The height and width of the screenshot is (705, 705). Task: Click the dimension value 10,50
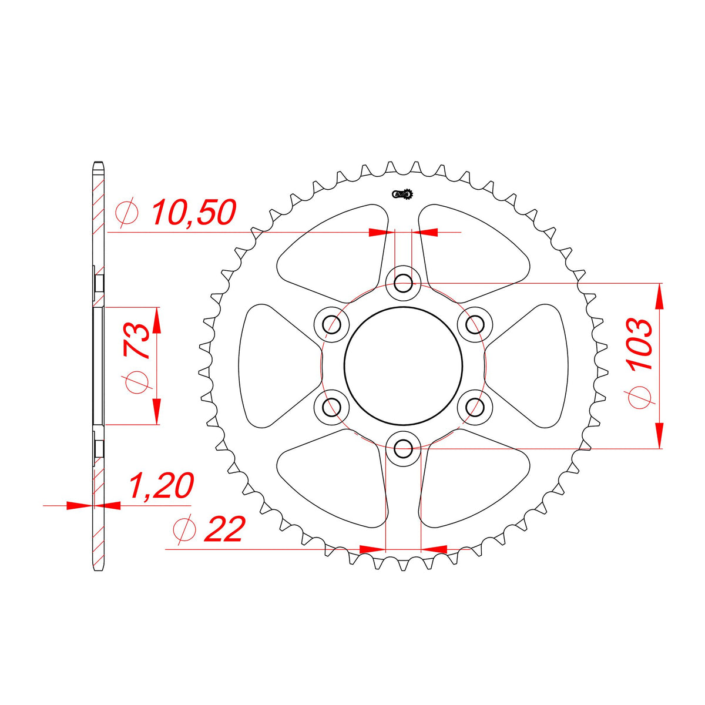(x=194, y=213)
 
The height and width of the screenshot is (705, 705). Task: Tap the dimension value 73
(x=136, y=341)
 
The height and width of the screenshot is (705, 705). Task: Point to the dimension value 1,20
(x=161, y=486)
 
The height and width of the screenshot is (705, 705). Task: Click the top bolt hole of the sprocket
(x=403, y=283)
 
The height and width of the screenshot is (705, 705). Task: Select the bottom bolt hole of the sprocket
(x=403, y=448)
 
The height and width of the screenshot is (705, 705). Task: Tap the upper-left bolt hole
(x=332, y=324)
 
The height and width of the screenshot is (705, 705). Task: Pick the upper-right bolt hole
(x=475, y=324)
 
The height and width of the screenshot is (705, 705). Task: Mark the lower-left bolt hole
(x=332, y=407)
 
